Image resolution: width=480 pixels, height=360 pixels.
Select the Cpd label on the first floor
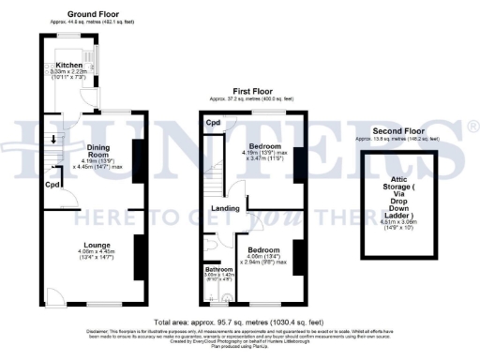[214, 123]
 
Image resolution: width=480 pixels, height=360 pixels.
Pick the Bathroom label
[219, 269]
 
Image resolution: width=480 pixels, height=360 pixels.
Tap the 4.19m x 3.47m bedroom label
[269, 147]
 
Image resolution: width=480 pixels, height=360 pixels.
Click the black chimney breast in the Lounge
[138, 257]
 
